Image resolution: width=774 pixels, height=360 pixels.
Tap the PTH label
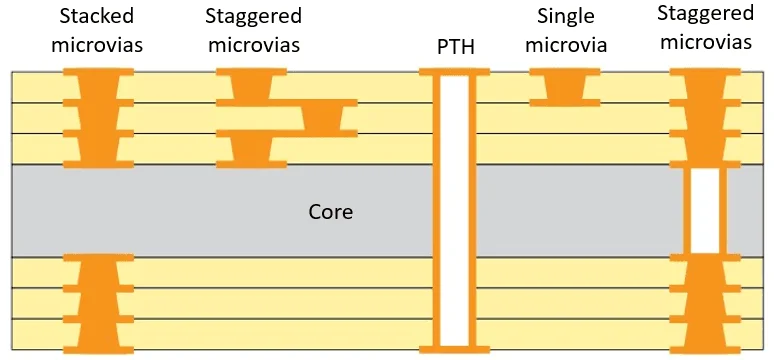455,46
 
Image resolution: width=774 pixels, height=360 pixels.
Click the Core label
330,212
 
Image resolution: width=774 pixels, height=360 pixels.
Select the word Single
565,16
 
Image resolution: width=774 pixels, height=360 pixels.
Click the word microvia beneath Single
566,45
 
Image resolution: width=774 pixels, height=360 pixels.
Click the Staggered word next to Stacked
253,16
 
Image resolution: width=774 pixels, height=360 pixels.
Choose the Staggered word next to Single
706,13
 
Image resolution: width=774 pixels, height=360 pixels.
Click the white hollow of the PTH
455,210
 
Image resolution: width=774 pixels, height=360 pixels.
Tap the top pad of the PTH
455,73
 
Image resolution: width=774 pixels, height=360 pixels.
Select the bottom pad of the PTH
455,348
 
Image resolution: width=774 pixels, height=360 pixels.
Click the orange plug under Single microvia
565,87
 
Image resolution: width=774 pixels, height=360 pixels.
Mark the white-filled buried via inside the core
706,210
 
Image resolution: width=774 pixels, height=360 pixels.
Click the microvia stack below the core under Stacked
98,302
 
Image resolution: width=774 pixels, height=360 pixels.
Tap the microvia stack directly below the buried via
706,302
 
